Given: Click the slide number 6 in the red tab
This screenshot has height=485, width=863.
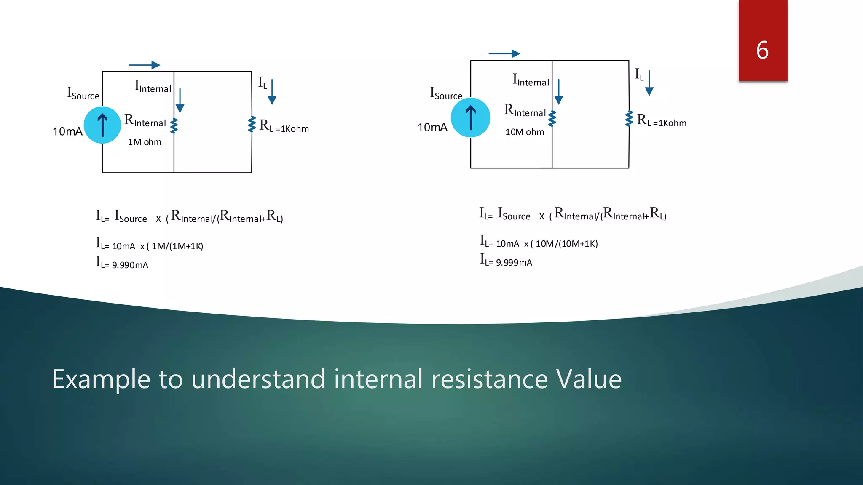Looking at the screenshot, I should click(x=762, y=50).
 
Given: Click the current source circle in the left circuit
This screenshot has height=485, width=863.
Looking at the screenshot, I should click(x=102, y=125).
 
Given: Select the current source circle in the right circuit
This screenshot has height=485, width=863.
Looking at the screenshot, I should click(x=471, y=117).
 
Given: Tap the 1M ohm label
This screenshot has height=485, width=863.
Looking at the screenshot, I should click(x=145, y=142).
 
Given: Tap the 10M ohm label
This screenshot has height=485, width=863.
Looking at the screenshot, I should click(x=525, y=132).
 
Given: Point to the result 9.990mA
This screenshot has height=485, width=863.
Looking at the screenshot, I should click(x=130, y=265).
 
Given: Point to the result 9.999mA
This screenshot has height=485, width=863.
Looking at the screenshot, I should click(x=514, y=263).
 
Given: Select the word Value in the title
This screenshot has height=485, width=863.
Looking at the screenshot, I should click(x=589, y=379).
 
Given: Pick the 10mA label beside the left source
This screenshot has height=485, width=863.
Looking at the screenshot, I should click(x=67, y=131).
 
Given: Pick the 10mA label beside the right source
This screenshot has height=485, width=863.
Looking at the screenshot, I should click(x=432, y=127).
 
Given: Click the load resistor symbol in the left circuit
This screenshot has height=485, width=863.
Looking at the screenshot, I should click(x=252, y=124).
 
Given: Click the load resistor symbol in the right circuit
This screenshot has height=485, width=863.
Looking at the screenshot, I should click(x=629, y=118).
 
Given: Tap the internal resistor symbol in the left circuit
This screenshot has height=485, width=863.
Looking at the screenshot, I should click(x=174, y=125).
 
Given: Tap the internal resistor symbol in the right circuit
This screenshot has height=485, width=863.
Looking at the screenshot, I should click(x=552, y=118).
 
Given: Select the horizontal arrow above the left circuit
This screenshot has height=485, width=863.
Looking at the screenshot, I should click(x=144, y=65).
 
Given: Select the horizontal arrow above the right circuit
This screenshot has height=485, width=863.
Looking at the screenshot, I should click(x=504, y=53).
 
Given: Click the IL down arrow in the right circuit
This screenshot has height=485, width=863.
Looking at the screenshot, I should click(x=649, y=83).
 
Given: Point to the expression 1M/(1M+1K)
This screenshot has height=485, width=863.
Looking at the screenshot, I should click(x=177, y=246).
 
